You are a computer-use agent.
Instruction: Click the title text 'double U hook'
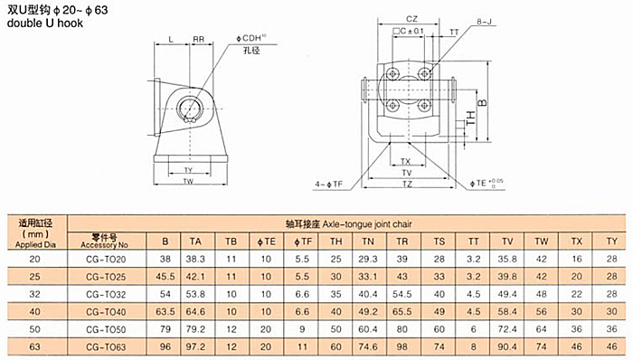(45, 23)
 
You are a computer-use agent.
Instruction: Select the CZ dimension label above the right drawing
(411, 19)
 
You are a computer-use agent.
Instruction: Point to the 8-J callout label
(484, 22)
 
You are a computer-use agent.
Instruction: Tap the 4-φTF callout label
(328, 185)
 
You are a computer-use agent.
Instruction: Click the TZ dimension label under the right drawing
(407, 184)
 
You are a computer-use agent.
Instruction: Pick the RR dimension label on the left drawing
(198, 39)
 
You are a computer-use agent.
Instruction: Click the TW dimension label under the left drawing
(188, 181)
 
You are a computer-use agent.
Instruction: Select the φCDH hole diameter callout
(251, 38)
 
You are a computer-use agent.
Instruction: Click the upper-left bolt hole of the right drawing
(392, 74)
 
